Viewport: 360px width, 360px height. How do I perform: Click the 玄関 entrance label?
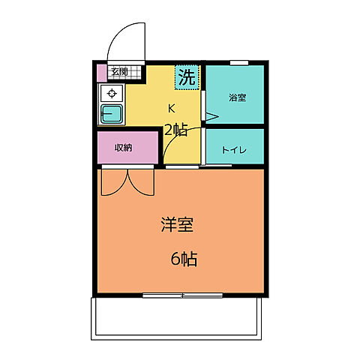pyautogui.click(x=118, y=73)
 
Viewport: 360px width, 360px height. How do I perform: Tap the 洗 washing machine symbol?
pyautogui.click(x=187, y=76)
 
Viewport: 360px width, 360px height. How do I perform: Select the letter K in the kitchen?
pyautogui.click(x=171, y=107)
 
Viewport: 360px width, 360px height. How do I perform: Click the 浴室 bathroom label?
pyautogui.click(x=237, y=97)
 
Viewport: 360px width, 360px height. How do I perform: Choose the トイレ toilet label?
pyautogui.click(x=233, y=149)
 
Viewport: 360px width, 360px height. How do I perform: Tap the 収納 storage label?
pyautogui.click(x=124, y=147)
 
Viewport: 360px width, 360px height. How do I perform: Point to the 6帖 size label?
pyautogui.click(x=183, y=259)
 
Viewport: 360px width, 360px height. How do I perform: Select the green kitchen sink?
pyautogui.click(x=112, y=114)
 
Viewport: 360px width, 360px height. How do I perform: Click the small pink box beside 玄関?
pyautogui.click(x=102, y=73)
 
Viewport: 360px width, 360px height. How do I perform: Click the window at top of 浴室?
pyautogui.click(x=239, y=62)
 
